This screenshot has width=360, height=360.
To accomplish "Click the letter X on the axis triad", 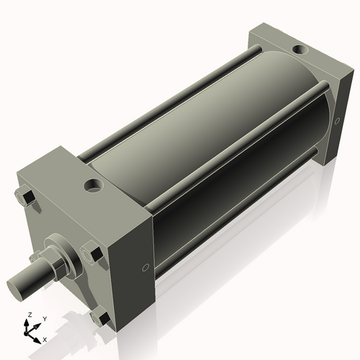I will pyautogui.click(x=45, y=338).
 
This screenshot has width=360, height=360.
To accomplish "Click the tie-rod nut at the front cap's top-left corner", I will pyautogui.click(x=24, y=196).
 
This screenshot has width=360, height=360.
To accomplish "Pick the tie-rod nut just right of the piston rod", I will pyautogui.click(x=92, y=253).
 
